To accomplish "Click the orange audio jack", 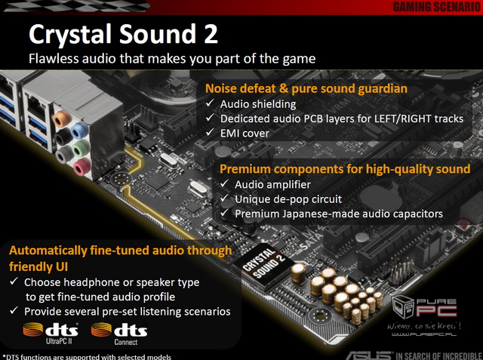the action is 62,118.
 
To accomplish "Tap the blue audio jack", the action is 80,131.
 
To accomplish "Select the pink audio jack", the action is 82,167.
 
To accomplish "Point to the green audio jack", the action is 81,149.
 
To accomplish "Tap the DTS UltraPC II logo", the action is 51,334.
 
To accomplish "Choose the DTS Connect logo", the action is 119,334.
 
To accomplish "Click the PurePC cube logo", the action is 404,307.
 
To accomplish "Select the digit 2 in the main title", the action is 211,34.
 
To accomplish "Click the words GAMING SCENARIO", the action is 437,7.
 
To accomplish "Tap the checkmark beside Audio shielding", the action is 210,103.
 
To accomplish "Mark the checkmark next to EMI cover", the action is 210,132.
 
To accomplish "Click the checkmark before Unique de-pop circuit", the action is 225,198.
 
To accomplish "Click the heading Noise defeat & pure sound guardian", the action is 306,89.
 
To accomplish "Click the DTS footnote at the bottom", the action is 87,357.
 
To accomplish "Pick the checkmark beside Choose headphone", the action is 14,282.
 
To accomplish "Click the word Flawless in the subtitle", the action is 54,59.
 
